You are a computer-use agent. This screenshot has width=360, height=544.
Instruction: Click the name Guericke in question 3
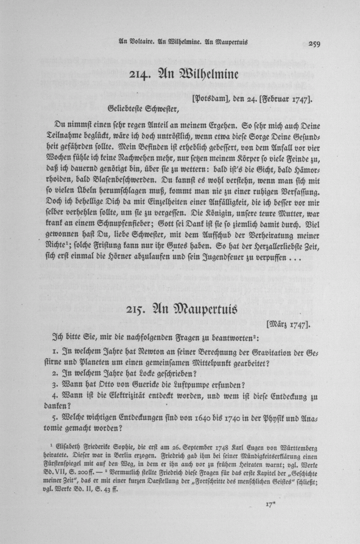click(x=150, y=385)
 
